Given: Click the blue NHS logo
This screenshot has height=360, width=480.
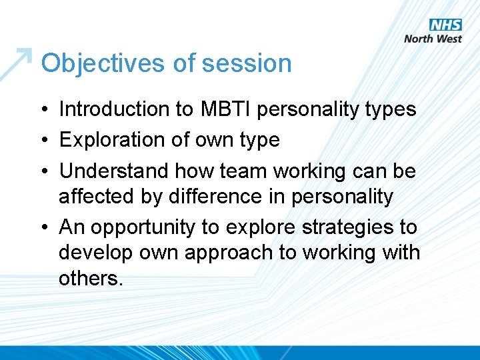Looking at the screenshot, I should click(x=445, y=25).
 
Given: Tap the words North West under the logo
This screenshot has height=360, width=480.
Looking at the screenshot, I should click(x=433, y=39).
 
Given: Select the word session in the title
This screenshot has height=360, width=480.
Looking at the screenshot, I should click(x=247, y=63).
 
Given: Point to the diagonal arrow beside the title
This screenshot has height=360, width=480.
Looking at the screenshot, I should click(x=17, y=63).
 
